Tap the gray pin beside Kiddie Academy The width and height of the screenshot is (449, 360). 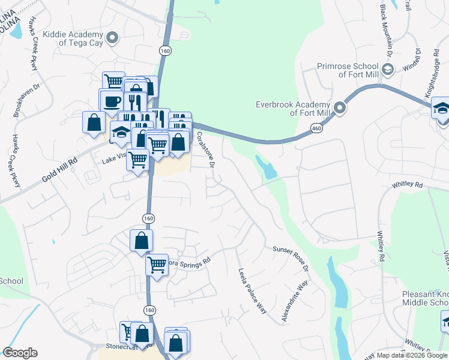pyautogui.click(x=112, y=39)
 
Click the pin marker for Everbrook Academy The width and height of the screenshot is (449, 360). pyautogui.click(x=340, y=109)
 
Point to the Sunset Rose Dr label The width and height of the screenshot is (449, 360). pyautogui.click(x=291, y=257)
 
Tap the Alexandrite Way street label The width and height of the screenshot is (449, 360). pyautogui.click(x=295, y=303)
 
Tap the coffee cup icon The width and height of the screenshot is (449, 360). pyautogui.click(x=110, y=100)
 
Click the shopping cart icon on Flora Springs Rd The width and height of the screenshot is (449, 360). pyautogui.click(x=157, y=263)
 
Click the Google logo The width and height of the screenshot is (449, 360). pyautogui.click(x=20, y=353)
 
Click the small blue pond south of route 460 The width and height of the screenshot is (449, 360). pyautogui.click(x=267, y=167)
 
